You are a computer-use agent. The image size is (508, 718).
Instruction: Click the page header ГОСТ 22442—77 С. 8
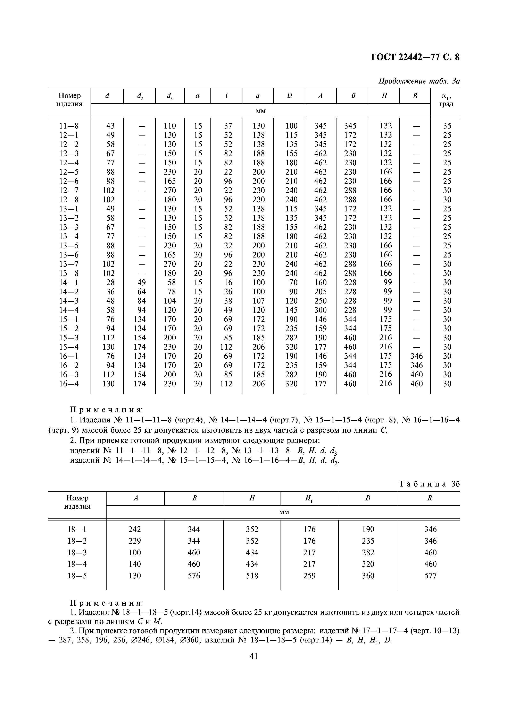pyautogui.click(x=415, y=57)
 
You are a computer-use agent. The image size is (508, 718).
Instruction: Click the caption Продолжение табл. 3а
pyautogui.click(x=419, y=81)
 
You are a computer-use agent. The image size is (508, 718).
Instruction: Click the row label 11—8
pyautogui.click(x=69, y=126)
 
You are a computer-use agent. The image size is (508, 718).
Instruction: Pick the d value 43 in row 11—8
pyautogui.click(x=110, y=126)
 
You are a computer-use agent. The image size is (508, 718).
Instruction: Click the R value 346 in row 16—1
pyautogui.click(x=416, y=356)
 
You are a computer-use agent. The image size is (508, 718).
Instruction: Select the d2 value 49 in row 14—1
pyautogui.click(x=141, y=282)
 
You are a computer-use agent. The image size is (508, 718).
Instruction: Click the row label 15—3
pyautogui.click(x=69, y=338)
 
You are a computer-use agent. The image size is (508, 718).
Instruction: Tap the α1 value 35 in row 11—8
pyautogui.click(x=447, y=126)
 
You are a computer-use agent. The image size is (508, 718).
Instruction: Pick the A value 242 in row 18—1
pyautogui.click(x=135, y=529)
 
